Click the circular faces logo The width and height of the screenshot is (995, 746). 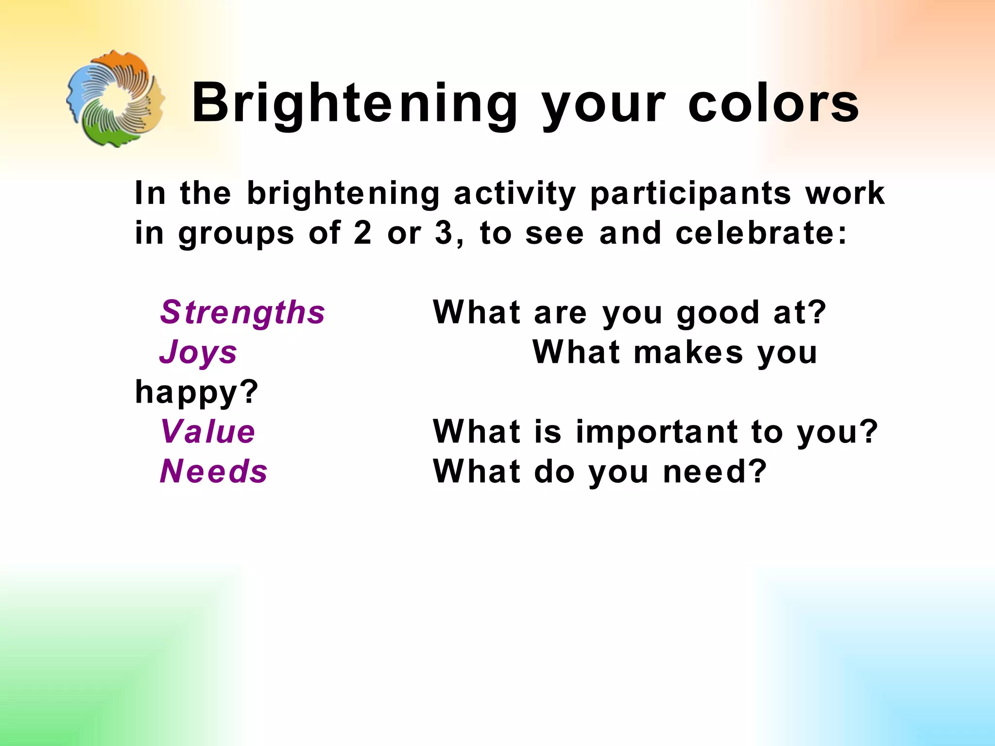(x=116, y=99)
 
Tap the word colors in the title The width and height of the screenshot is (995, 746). (x=773, y=104)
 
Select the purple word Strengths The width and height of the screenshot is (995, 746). (x=242, y=312)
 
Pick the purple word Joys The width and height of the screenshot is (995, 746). (x=198, y=352)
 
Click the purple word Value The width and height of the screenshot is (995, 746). (x=207, y=432)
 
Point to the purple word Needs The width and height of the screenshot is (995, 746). (x=214, y=472)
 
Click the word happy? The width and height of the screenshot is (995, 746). (x=197, y=392)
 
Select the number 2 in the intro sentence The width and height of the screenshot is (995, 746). (x=362, y=233)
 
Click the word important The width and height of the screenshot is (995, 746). (x=656, y=432)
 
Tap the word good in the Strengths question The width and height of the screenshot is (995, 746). (x=718, y=313)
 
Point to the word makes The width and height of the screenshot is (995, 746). (x=688, y=352)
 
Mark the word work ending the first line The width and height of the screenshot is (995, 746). (x=845, y=193)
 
